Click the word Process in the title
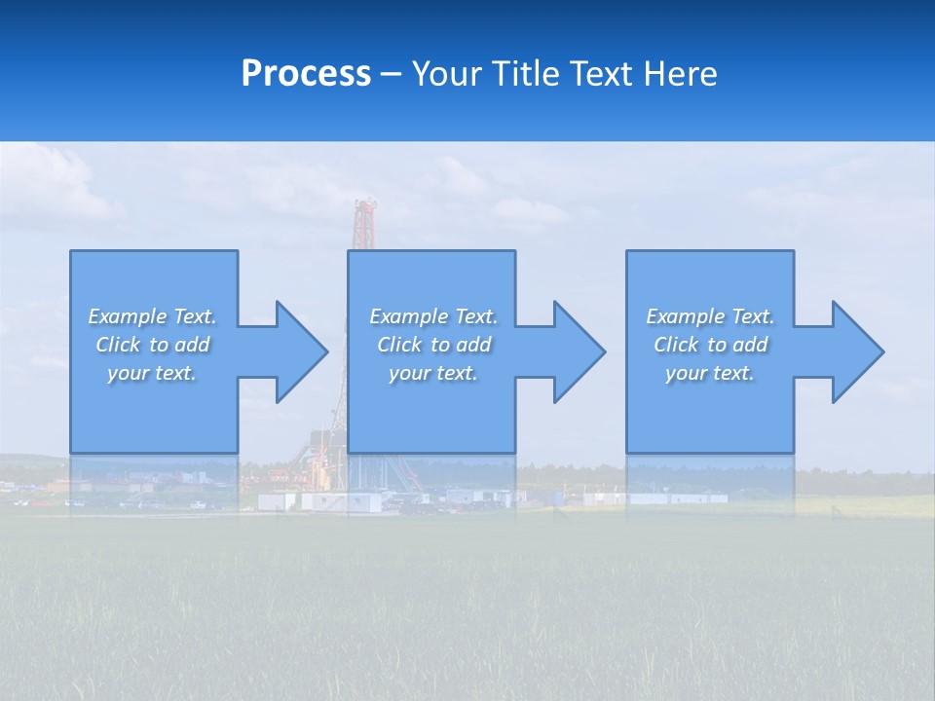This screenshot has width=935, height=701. (x=306, y=74)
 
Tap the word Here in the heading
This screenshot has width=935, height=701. (x=679, y=74)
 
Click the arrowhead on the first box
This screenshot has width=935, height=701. (x=298, y=351)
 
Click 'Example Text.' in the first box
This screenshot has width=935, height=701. (x=152, y=316)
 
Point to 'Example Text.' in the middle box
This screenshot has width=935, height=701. (x=433, y=316)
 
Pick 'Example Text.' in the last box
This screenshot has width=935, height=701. (x=710, y=316)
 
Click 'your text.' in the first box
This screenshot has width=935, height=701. (x=152, y=373)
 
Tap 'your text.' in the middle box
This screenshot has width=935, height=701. (x=433, y=373)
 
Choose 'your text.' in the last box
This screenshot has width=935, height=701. (x=710, y=373)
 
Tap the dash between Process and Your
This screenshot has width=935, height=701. (x=391, y=74)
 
